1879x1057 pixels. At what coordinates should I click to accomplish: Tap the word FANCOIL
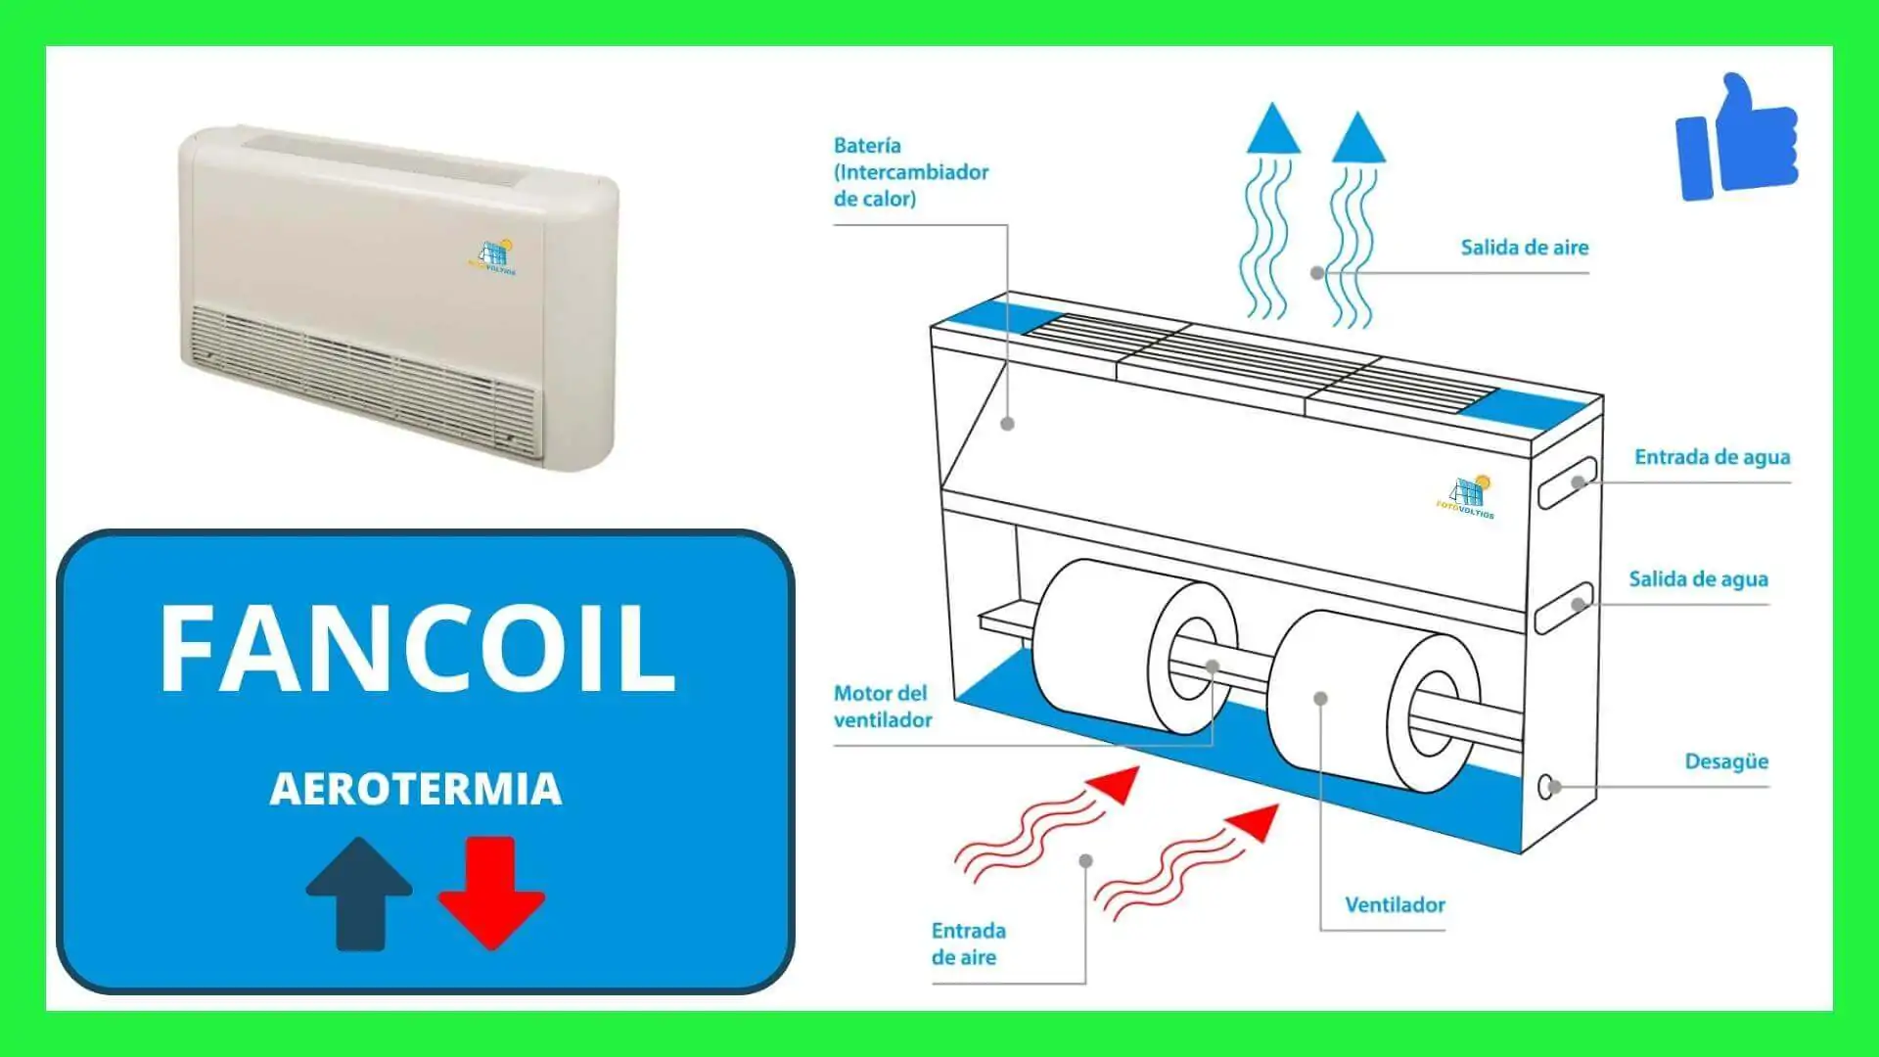(417, 648)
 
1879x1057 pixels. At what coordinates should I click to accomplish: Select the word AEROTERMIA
(416, 789)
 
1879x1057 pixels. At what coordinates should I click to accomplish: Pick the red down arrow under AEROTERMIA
(491, 891)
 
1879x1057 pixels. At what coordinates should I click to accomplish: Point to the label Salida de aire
(1524, 248)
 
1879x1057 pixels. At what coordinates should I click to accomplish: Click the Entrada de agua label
(1712, 457)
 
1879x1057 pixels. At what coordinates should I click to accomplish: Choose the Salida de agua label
(1698, 579)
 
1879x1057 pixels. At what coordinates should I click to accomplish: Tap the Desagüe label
(1726, 761)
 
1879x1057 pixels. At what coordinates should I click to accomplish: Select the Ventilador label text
(1395, 905)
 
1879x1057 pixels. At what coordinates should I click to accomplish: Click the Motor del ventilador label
(882, 707)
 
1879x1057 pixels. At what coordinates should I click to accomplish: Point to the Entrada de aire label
(968, 943)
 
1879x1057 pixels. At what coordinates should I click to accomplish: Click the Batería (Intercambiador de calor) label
(910, 172)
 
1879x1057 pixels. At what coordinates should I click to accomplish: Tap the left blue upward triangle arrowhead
(1273, 132)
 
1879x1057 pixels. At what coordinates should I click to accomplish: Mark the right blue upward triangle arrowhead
(1358, 140)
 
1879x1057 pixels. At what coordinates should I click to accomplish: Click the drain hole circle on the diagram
(1545, 786)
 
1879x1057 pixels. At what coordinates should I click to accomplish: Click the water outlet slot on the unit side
(1564, 607)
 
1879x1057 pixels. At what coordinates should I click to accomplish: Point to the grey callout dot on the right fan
(1320, 699)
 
